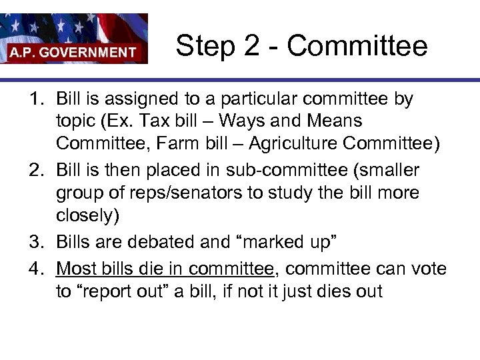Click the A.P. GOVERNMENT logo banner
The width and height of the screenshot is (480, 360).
point(73,39)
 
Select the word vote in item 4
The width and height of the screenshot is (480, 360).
point(427,269)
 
